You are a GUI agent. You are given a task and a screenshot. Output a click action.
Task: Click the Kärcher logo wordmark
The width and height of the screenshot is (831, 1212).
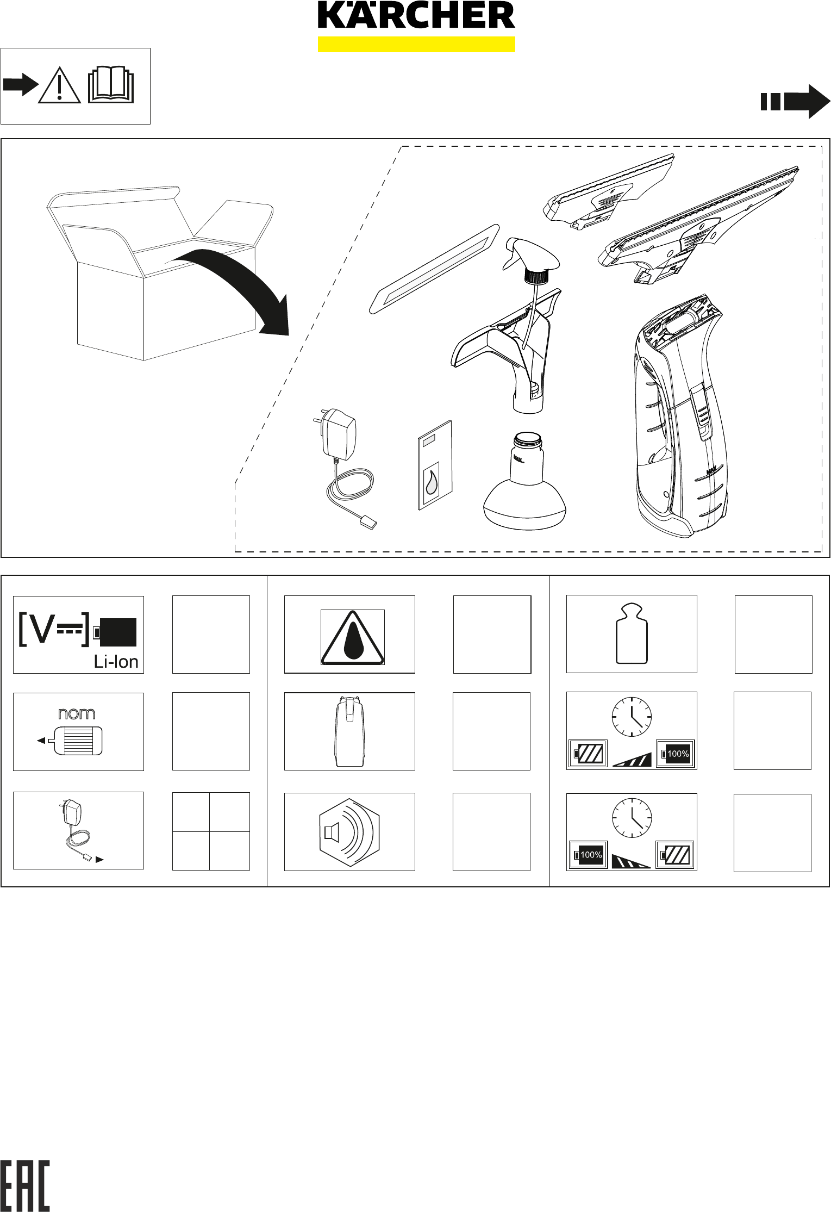pos(416,15)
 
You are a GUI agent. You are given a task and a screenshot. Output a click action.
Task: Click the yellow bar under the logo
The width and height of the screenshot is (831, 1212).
pos(416,44)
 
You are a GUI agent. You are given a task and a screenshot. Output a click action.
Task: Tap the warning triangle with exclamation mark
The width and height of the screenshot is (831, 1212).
pos(59,85)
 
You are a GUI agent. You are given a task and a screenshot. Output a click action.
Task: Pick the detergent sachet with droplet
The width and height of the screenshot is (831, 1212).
pos(435,465)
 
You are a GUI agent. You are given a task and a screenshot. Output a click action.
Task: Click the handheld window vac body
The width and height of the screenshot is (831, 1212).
pos(679,416)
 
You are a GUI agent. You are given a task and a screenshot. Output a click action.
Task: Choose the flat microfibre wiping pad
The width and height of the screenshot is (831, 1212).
pos(435,269)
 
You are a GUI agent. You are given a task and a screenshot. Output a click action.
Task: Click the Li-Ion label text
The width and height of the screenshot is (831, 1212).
pos(116,662)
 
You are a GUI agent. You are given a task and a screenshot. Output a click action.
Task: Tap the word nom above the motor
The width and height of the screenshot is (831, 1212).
pos(77,713)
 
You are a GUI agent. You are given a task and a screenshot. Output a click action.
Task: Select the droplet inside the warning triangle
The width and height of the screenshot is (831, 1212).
pos(353,642)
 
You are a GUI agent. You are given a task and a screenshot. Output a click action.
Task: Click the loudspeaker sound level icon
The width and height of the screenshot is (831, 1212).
pos(349,831)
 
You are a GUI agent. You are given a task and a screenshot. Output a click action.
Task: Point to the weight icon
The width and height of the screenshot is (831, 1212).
pos(632,634)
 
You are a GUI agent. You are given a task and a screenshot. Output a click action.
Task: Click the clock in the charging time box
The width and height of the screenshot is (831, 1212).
pos(632,717)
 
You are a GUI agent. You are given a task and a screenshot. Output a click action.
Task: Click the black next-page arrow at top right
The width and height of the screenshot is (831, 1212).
pos(796,102)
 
